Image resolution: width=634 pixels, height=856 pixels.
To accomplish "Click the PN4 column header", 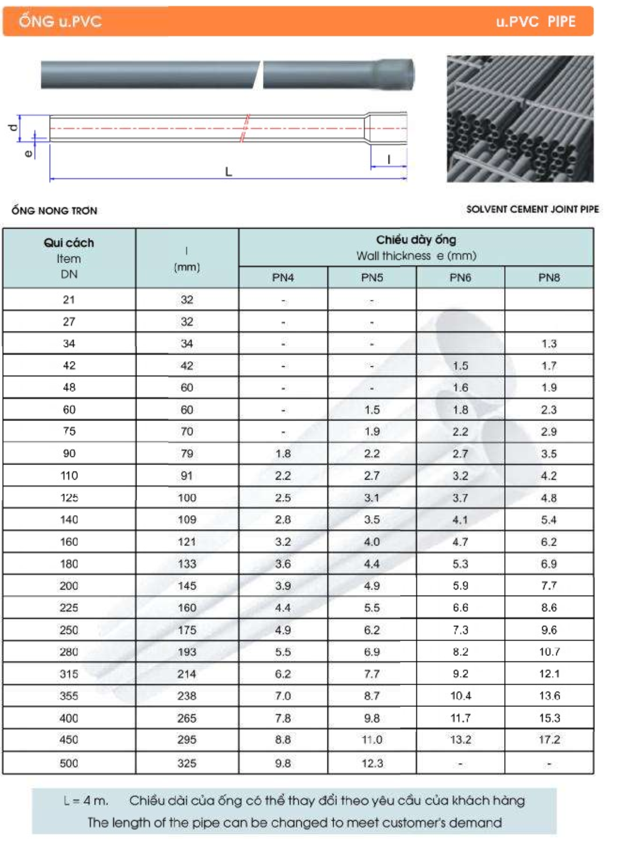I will point(283,277).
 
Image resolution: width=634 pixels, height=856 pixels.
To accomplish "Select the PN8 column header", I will point(549,277).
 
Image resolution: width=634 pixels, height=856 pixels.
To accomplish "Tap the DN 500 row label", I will point(69,763).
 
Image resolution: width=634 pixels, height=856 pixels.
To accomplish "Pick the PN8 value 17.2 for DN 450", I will point(549,739).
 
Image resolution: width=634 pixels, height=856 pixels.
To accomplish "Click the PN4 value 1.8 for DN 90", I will point(283,454).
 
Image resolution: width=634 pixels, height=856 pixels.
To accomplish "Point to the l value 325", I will point(186,763).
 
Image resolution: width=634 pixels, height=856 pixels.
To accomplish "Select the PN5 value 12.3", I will point(372,763).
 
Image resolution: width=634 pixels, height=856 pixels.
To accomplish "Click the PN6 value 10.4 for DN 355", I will point(460,696).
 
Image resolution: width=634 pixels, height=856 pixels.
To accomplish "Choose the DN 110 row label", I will point(69,475).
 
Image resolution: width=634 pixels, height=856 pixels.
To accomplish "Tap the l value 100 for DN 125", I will point(186,498).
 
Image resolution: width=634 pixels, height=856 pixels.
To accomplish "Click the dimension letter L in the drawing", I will point(229,172).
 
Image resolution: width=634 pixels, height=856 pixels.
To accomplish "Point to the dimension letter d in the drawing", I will point(14,127).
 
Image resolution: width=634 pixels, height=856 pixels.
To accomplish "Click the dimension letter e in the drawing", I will point(28,154).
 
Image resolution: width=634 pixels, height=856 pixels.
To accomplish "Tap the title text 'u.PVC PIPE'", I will point(535,21).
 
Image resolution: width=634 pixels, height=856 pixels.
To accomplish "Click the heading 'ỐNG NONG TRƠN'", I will point(54,210).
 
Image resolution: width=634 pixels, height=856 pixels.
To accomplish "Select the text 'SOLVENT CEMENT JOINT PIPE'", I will point(532,209).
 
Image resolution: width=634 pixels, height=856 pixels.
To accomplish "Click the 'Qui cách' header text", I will point(69,242).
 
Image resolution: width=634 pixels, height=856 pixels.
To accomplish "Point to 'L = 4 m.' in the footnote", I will point(86,800).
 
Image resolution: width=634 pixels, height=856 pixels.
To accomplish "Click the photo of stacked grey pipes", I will point(520,119).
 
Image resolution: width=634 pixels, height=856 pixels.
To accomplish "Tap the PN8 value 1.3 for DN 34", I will point(549,343).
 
